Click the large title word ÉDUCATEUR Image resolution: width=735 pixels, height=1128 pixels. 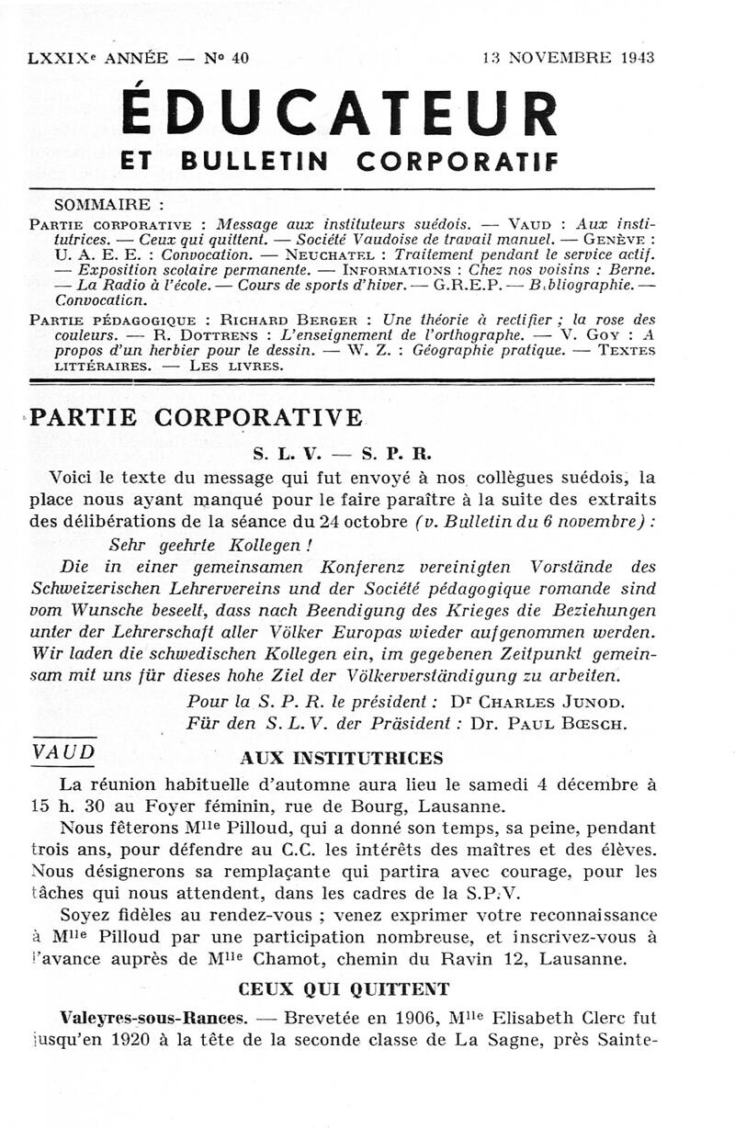(340, 112)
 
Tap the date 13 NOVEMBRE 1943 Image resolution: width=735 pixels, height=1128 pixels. (568, 58)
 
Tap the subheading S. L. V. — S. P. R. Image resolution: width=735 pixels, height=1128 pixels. (341, 454)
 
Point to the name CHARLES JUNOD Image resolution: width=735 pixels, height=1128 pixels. (548, 702)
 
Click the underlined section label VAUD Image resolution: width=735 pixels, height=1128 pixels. (62, 750)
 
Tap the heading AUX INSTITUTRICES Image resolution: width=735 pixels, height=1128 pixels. (341, 758)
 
